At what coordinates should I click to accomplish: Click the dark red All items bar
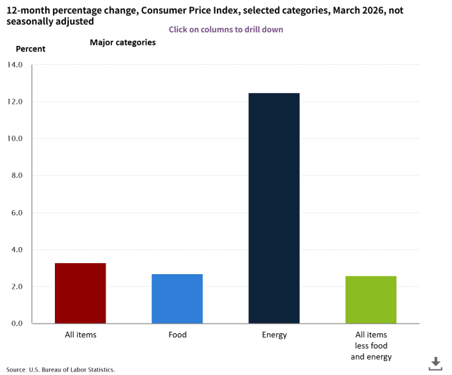coord(80,293)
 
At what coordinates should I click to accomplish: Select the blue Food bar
coord(177,298)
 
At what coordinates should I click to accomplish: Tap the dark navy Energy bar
coord(274,208)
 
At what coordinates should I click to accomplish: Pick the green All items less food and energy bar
coord(371,299)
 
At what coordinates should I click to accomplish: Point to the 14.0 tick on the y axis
coord(15,65)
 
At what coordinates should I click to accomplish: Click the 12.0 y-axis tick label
coord(15,102)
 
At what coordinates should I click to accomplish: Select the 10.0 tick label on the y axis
coord(15,138)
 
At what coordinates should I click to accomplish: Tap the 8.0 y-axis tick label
coord(17,175)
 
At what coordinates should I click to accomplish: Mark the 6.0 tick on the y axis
coord(17,212)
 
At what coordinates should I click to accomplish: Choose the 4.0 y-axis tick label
coord(17,249)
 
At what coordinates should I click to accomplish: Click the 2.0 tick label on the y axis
coord(17,286)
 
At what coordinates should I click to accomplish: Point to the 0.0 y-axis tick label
coord(17,324)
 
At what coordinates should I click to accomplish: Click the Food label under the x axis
coord(177,335)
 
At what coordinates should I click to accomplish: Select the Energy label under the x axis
coord(274,335)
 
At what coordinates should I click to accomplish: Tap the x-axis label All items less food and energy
coord(371,346)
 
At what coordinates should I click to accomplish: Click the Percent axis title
coord(31,49)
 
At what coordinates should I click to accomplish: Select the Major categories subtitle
coord(122,42)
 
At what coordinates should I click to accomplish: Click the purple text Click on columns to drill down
coord(225,30)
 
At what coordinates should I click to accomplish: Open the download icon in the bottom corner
coord(435,362)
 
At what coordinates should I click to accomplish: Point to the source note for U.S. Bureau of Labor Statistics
coord(60,369)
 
